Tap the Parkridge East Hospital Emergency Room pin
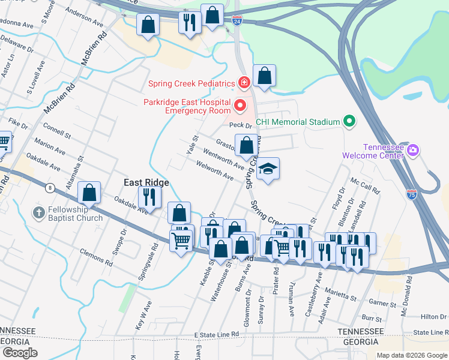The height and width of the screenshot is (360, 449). pyautogui.click(x=240, y=106)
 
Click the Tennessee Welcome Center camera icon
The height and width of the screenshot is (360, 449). pyautogui.click(x=412, y=149)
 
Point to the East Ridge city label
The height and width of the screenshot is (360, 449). pyautogui.click(x=146, y=182)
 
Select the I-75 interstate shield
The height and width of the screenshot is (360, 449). pyautogui.click(x=411, y=194)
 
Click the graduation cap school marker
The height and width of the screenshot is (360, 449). pyautogui.click(x=268, y=169)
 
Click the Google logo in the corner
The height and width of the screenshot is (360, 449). pyautogui.click(x=20, y=352)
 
